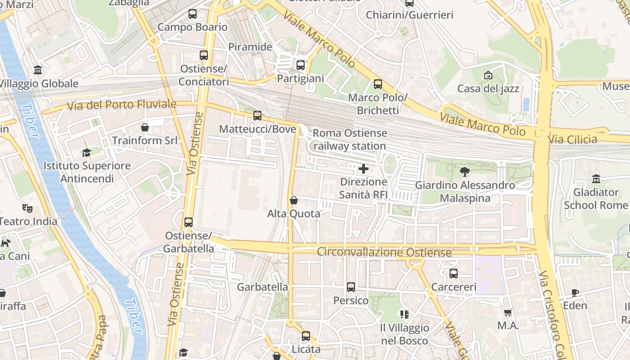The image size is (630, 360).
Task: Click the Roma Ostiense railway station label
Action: [350, 139]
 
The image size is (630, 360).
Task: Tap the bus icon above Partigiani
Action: [301, 65]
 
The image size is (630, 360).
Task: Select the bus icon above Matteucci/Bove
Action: [257, 116]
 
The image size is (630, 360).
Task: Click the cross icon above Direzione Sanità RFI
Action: [363, 169]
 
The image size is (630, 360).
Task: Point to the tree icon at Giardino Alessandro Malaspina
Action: [465, 171]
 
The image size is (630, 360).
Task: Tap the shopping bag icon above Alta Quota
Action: [294, 200]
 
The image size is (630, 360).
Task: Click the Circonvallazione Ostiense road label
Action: [384, 252]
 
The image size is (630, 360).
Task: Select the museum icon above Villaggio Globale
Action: [38, 70]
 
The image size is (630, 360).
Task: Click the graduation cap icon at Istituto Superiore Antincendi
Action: [86, 153]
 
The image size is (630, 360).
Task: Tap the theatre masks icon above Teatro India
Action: [28, 208]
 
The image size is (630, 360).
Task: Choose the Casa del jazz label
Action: [488, 89]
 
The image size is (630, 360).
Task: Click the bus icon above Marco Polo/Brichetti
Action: [378, 84]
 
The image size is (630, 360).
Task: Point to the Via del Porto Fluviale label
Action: [121, 105]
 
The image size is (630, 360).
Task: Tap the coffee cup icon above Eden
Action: [575, 292]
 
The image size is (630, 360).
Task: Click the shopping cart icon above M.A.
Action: [508, 312]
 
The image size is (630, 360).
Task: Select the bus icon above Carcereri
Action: [454, 274]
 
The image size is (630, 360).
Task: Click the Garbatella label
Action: [262, 287]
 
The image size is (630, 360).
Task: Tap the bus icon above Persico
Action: [351, 287]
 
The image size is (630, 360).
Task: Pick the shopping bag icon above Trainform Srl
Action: [145, 127]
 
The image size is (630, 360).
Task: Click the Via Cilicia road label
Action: [572, 139]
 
